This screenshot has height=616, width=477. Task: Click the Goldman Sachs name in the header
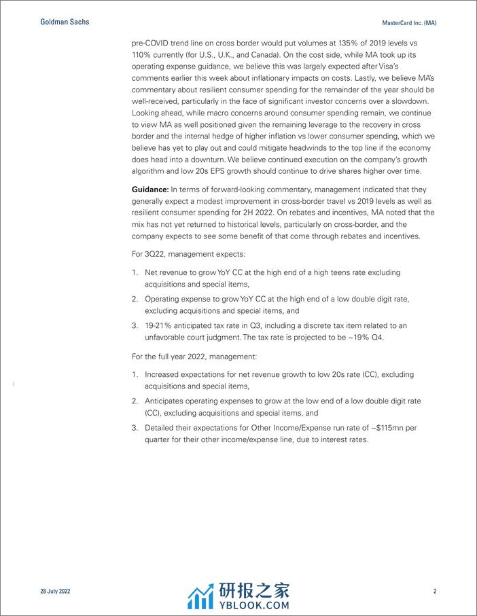[65, 22]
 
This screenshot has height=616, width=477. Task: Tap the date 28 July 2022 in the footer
[55, 592]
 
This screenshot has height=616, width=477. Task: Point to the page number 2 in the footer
[435, 592]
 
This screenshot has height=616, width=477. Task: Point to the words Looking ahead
[158, 114]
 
